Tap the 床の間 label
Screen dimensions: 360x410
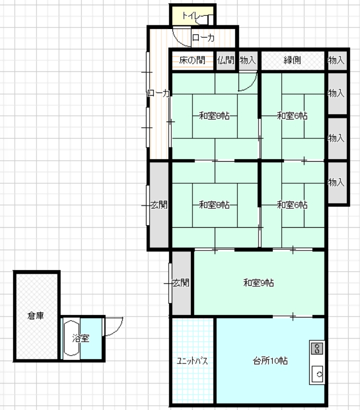point(192,60)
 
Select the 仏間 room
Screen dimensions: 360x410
point(226,60)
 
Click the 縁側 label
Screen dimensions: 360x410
point(292,60)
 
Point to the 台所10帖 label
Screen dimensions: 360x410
point(270,361)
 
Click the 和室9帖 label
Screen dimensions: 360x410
point(259,283)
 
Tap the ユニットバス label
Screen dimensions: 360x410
point(192,361)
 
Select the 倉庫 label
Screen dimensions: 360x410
point(35,315)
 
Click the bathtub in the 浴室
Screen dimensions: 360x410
point(71,338)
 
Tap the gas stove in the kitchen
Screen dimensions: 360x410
point(317,349)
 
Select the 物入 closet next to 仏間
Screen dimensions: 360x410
point(248,60)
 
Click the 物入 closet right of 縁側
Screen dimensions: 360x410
point(337,60)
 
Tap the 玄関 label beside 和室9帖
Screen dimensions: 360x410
point(181,283)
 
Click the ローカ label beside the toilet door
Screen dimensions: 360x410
point(204,38)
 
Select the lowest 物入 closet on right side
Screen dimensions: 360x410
point(337,182)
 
